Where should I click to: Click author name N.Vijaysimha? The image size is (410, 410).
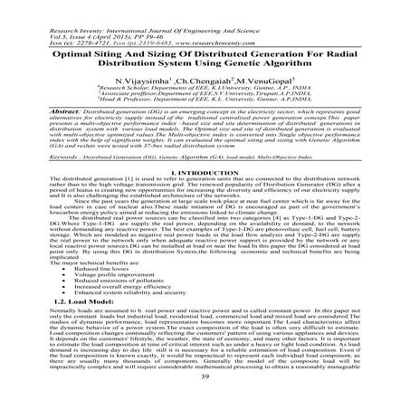156,81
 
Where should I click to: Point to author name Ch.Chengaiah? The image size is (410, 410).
214,81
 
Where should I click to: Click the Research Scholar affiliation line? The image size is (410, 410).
205,91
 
